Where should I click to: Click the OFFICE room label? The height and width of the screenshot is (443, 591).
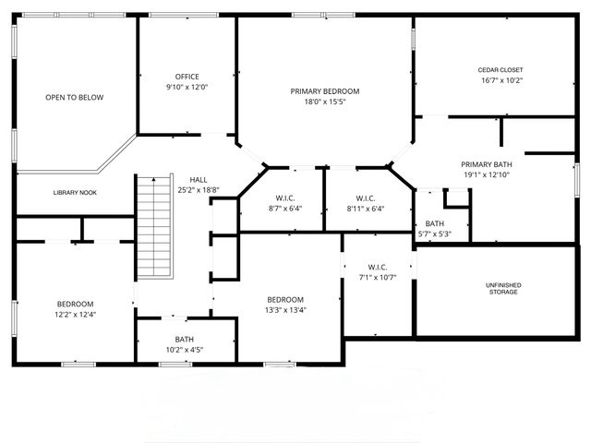coord(187,77)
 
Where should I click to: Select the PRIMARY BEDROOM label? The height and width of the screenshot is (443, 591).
coord(324,91)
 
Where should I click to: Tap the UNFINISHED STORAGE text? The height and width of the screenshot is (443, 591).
coord(503,289)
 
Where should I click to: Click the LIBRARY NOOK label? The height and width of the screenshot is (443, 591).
coord(76,192)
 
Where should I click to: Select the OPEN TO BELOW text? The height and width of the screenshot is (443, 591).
coord(75,97)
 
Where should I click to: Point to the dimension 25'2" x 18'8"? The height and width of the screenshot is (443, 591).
coord(199,190)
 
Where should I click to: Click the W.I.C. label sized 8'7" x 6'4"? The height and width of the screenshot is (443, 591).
coord(284,198)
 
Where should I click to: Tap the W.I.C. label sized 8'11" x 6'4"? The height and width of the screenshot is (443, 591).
coord(364,198)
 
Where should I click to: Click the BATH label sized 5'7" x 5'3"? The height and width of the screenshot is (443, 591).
coord(434,223)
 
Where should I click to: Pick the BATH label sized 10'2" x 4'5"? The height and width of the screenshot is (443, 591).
coord(185,339)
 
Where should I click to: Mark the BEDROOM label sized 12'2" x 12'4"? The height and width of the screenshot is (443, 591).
coord(75,305)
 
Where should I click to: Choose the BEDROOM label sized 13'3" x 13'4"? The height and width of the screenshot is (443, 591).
coord(285,299)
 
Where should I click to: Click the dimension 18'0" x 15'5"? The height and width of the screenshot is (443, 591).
coord(324,102)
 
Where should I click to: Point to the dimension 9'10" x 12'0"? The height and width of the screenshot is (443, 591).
coord(187,88)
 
